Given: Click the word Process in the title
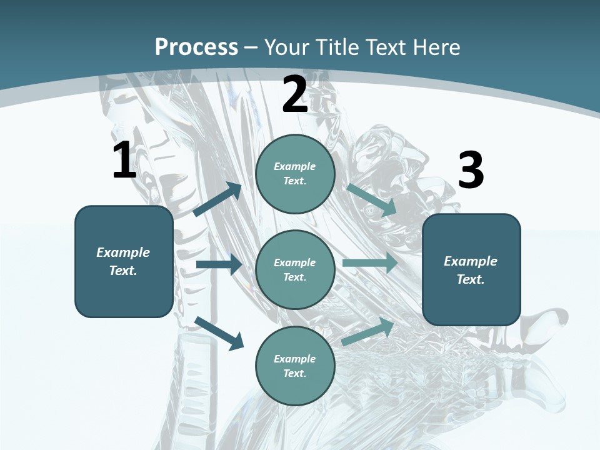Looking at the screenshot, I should point(196,47).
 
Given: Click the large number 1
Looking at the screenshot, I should point(124,161).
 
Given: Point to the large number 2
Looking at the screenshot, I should point(295,95).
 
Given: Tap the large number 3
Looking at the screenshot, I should point(471,171).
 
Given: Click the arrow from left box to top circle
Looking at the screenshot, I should point(217,199).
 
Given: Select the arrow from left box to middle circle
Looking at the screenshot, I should point(219,265).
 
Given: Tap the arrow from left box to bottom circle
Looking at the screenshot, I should point(219,332).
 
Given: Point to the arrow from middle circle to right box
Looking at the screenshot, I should point(370,262).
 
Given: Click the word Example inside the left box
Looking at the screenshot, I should point(123,252).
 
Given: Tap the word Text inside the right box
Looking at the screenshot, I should point(470,279).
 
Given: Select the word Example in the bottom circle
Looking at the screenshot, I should point(294,359).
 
